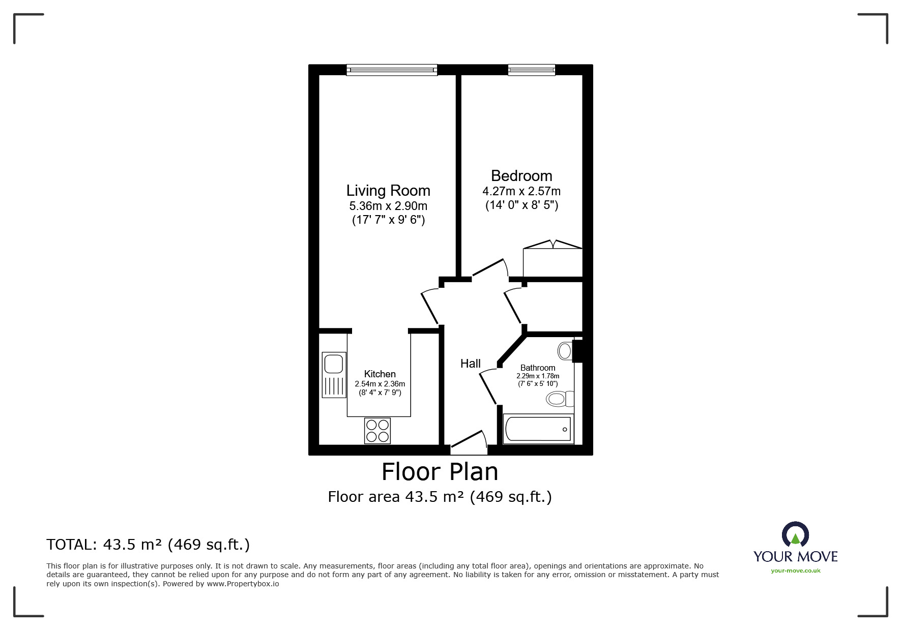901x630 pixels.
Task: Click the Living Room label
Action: [x=388, y=191]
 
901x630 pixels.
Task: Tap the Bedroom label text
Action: [x=521, y=176]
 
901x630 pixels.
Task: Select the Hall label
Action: [x=470, y=364]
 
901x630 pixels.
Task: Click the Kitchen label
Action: [x=380, y=374]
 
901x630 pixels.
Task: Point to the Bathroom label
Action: [x=538, y=368]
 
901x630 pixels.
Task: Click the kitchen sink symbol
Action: [x=334, y=375]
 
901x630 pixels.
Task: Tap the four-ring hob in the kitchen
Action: [x=377, y=430]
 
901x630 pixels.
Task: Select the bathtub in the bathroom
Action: [x=538, y=429]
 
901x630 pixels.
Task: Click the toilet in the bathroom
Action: [x=560, y=399]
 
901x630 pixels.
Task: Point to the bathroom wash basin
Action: [x=565, y=350]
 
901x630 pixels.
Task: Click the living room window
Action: [x=391, y=70]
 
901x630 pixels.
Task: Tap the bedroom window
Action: [x=531, y=70]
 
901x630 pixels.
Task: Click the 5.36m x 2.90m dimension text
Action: [x=388, y=206]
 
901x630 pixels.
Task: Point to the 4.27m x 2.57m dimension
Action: [x=521, y=192]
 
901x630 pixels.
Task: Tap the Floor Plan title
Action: [x=440, y=472]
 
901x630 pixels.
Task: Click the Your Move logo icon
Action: [x=795, y=535]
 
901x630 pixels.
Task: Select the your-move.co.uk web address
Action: [x=795, y=571]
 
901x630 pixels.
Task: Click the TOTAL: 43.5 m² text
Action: [x=148, y=545]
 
